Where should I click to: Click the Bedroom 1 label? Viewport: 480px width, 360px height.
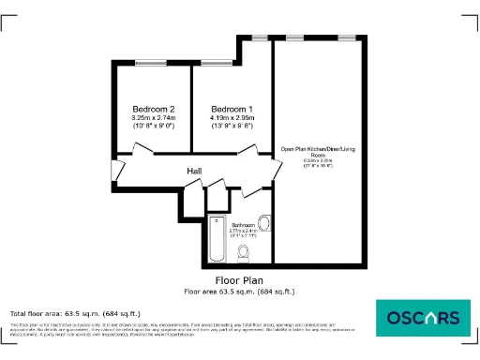228,108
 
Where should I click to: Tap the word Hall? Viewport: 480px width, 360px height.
194,171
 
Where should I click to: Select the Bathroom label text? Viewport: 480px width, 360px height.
242,225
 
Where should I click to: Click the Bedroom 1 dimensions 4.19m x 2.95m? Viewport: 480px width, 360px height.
228,117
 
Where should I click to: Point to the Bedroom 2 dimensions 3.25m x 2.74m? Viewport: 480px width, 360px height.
152,117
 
